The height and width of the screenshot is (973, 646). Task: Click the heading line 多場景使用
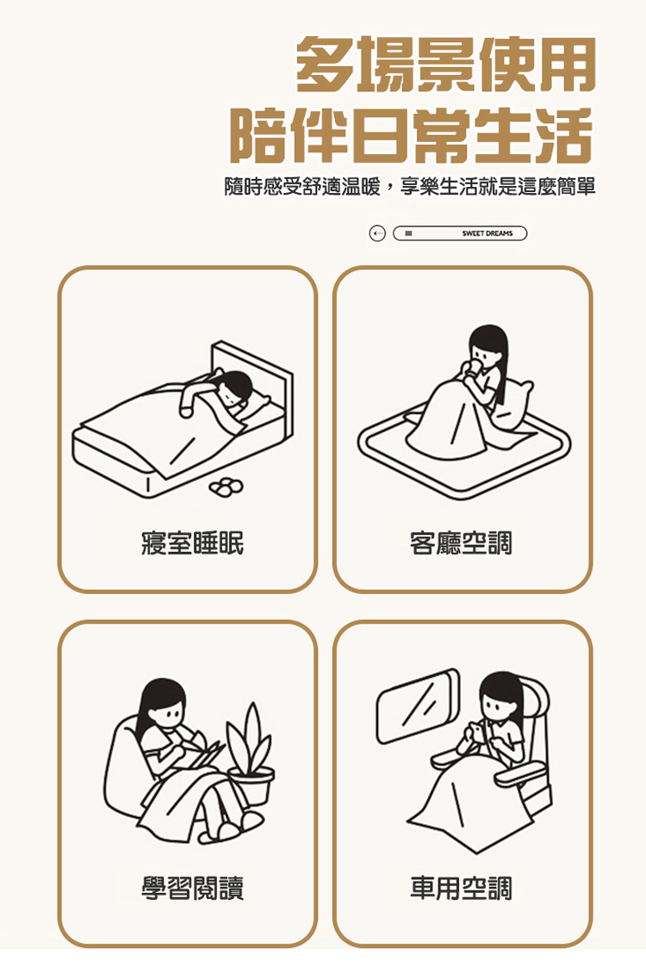[x=445, y=64]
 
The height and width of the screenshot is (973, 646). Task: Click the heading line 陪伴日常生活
[x=412, y=135]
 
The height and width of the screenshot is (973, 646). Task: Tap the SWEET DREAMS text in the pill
[x=488, y=233]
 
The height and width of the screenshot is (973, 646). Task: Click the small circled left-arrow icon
[x=377, y=233]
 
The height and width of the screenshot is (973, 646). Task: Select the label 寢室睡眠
[x=192, y=543]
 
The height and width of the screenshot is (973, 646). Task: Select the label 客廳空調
[x=461, y=543]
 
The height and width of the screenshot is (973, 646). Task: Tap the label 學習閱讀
[x=192, y=888]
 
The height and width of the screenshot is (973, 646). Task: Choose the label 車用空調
[x=461, y=888]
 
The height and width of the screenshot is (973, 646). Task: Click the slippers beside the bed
[x=226, y=487]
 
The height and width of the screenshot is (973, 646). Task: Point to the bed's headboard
[x=252, y=379]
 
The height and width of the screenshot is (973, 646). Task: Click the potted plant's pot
[x=252, y=785]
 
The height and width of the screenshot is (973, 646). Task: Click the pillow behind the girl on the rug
[x=513, y=403]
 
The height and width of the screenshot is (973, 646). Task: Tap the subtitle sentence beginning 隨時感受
[x=410, y=186]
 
